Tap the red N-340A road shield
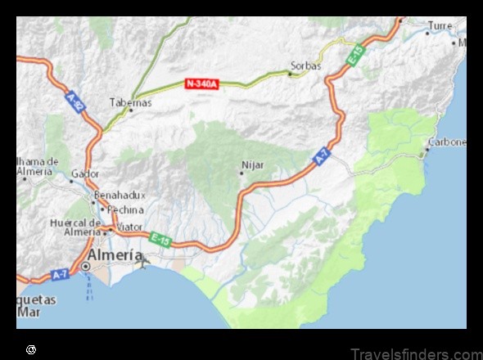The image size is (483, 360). point(201,83)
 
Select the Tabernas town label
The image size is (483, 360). point(130,102)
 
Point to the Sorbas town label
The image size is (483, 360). point(305,65)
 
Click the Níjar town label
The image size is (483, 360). point(253,164)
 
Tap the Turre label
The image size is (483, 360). point(440,26)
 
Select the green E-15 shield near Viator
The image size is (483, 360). point(160,239)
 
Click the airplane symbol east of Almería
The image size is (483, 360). point(145,262)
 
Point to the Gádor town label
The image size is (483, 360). point(84,173)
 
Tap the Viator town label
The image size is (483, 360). point(129,226)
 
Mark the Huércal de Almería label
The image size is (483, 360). point(75,227)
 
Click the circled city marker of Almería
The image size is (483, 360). point(85,266)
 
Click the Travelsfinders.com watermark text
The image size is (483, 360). point(417,353)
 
